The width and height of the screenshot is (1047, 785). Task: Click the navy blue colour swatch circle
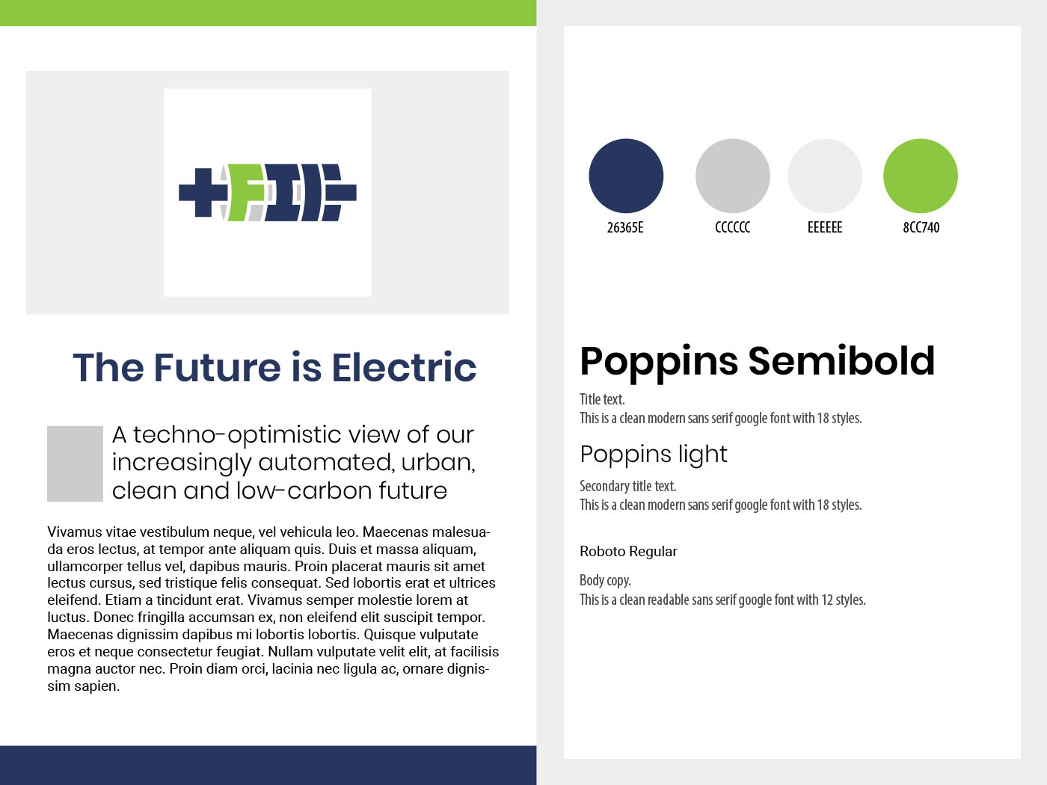tap(626, 176)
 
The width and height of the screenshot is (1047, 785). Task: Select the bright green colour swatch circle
tap(921, 176)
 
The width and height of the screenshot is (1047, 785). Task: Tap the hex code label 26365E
tap(625, 228)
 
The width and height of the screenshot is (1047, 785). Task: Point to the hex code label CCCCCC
tap(733, 227)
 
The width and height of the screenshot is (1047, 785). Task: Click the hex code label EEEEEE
tap(825, 227)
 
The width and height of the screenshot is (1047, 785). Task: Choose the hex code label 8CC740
tap(921, 227)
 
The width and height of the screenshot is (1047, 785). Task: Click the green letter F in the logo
tap(245, 193)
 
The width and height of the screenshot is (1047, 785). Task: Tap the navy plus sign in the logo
tap(203, 193)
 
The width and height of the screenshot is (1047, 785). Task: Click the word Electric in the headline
tap(404, 368)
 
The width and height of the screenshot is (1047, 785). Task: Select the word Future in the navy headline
tap(217, 368)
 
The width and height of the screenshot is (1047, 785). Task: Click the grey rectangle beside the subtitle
tap(75, 464)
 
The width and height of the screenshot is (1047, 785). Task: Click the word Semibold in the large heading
tap(841, 361)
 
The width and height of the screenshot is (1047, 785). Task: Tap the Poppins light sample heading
tap(654, 455)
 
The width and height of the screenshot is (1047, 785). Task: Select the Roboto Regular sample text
tap(628, 552)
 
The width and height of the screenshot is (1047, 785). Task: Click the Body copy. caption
tap(605, 581)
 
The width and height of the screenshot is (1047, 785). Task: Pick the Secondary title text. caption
tap(627, 486)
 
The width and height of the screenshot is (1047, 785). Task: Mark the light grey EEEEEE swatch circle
tap(825, 176)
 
